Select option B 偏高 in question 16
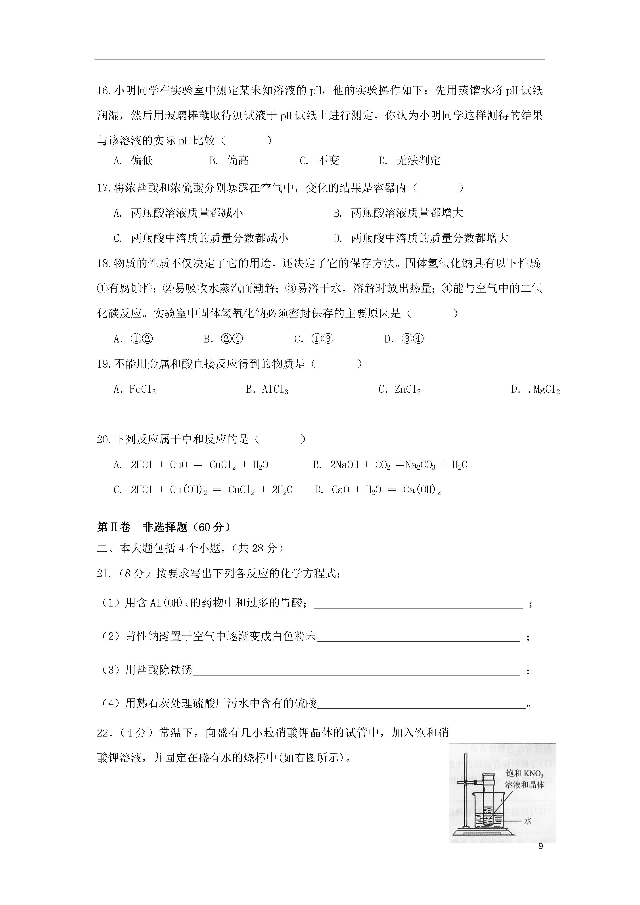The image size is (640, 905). (229, 161)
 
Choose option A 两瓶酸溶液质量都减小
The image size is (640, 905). (178, 213)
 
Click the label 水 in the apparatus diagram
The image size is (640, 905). (528, 820)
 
